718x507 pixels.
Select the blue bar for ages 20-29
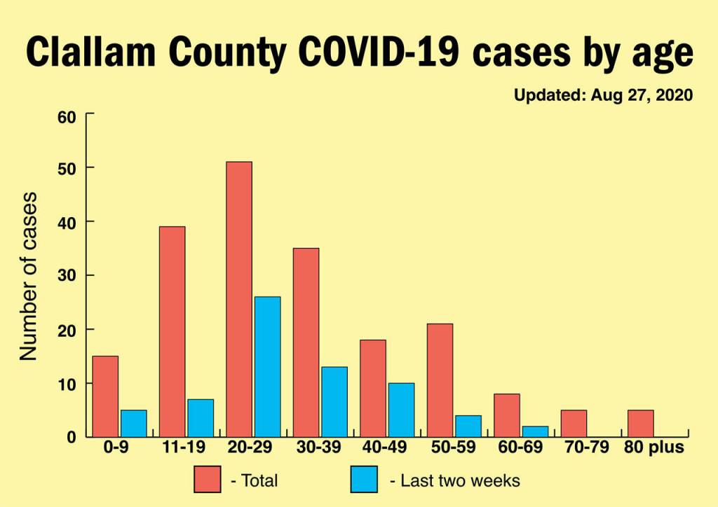(267, 367)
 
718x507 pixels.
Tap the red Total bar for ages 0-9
(105, 396)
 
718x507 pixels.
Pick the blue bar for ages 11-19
(200, 418)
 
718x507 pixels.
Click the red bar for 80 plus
(640, 423)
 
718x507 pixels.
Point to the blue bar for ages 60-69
(535, 431)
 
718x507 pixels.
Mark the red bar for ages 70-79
(574, 423)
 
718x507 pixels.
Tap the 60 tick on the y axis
(67, 116)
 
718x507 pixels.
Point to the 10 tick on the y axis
(67, 384)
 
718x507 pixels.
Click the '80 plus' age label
(653, 447)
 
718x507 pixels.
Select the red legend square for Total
(208, 480)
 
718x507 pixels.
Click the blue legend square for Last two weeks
(364, 480)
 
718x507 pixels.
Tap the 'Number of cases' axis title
(28, 275)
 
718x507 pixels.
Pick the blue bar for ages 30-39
(334, 402)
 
